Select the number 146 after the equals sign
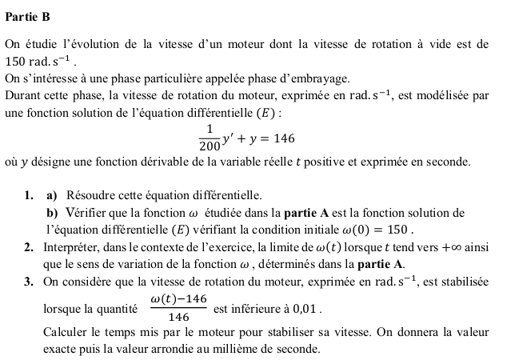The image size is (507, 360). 283,138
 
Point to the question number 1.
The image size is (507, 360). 29,194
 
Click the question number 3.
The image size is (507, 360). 29,282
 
